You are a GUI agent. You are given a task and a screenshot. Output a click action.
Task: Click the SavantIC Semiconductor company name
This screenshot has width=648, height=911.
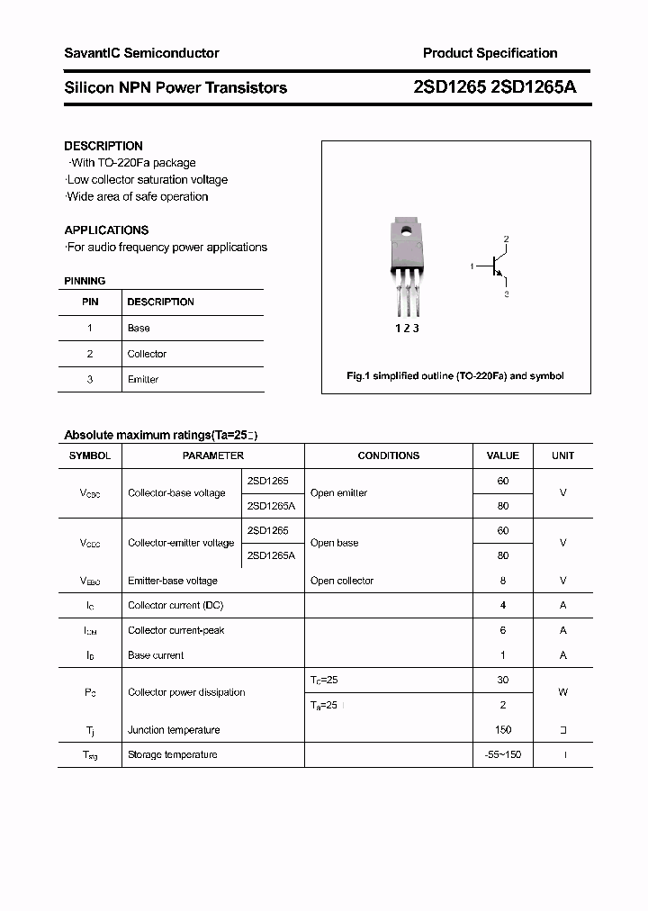point(141,53)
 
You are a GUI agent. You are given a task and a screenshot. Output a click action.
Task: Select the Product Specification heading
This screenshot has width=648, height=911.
point(490,53)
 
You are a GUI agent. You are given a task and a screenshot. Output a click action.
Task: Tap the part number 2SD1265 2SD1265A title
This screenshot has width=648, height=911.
point(494,87)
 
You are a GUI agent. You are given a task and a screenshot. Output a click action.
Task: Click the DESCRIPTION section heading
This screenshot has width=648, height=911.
point(103,146)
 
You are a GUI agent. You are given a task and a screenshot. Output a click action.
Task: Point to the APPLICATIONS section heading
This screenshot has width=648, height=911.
point(106,230)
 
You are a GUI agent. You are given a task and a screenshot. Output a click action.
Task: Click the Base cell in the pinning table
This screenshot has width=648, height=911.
point(139,329)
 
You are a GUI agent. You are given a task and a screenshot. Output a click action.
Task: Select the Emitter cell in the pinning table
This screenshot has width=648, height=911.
point(142,380)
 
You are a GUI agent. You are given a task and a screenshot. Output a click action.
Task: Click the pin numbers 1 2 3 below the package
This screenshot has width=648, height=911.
point(408,329)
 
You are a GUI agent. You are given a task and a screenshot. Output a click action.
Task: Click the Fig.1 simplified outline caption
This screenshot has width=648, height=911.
point(455,376)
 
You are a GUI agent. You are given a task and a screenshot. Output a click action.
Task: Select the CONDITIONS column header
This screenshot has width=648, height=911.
point(388,455)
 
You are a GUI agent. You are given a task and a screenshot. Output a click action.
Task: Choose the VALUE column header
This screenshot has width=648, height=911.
point(503,455)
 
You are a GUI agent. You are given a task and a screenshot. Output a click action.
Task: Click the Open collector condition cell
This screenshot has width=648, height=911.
point(342,581)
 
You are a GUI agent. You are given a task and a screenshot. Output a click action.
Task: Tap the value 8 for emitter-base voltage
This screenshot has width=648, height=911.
point(503,581)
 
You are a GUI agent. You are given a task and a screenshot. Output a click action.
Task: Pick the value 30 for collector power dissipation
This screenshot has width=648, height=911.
point(503,681)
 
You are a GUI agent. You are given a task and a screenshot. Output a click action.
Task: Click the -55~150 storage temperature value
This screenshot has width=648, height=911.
point(503,754)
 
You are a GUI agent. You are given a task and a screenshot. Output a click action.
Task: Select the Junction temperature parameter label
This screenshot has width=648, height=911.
point(174,730)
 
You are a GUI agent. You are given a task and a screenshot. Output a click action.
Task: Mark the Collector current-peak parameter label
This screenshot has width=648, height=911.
point(175,630)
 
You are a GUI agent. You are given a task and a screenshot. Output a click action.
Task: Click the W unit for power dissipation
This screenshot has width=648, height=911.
point(563,692)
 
